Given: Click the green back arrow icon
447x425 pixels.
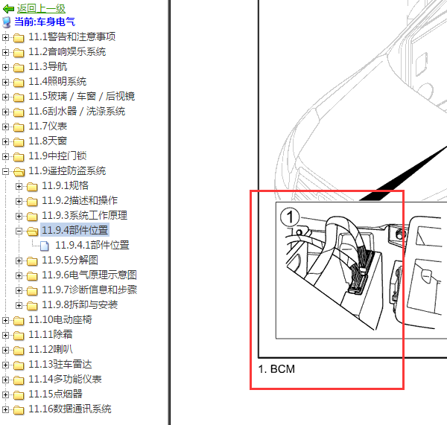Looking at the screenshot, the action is [x=8, y=9].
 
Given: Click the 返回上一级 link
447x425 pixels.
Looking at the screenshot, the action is [x=41, y=8].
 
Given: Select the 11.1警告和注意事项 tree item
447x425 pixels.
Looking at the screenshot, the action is [x=72, y=36].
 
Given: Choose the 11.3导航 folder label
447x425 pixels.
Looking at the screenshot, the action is [x=48, y=67].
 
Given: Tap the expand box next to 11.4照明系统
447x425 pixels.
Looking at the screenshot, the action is [x=5, y=82].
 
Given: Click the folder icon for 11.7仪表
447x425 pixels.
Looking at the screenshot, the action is [x=19, y=127].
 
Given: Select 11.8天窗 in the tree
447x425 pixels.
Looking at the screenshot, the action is [x=48, y=141].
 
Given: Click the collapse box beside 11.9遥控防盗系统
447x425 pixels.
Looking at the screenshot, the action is [x=5, y=171].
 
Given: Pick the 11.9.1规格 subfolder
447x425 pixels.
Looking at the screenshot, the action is [x=66, y=186].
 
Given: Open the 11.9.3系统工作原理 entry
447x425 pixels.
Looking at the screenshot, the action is [x=84, y=215].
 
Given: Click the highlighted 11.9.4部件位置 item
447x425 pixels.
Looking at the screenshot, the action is [x=75, y=230].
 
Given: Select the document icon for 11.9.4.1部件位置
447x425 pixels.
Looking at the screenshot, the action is [x=45, y=246].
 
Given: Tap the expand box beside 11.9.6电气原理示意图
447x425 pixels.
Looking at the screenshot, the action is [x=19, y=275].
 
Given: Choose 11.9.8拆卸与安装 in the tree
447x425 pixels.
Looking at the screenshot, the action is [x=80, y=304].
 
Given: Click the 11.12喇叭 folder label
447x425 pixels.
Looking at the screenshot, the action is [x=51, y=350].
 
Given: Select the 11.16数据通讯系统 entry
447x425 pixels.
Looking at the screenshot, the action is [x=70, y=409].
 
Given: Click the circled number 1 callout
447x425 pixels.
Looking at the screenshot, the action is [x=290, y=217].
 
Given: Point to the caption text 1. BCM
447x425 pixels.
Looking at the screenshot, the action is [x=276, y=369].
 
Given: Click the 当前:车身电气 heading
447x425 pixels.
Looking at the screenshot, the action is [x=45, y=22].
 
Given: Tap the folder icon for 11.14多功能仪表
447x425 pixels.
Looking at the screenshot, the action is [x=19, y=380].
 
